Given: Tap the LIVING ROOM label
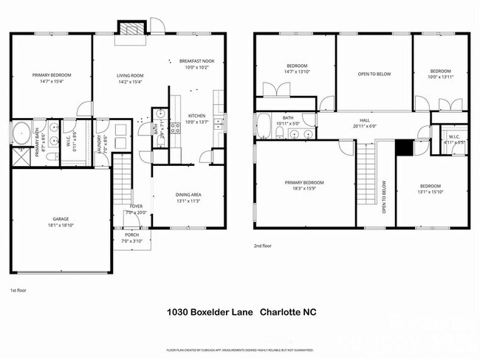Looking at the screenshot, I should (x=130, y=75).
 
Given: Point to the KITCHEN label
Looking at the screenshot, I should (x=196, y=116).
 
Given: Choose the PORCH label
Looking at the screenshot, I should (x=131, y=235).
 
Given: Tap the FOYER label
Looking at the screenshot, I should (x=137, y=207).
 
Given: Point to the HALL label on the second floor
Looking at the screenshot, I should (x=364, y=120).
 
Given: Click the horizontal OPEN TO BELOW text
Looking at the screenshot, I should (x=374, y=74).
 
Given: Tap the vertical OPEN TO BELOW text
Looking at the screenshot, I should (x=384, y=198).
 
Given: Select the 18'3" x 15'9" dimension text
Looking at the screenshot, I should (x=304, y=187).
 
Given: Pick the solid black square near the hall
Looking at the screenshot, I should (x=402, y=147).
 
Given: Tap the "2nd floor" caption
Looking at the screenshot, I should (x=263, y=246).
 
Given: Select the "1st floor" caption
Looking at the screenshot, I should (x=18, y=290).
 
